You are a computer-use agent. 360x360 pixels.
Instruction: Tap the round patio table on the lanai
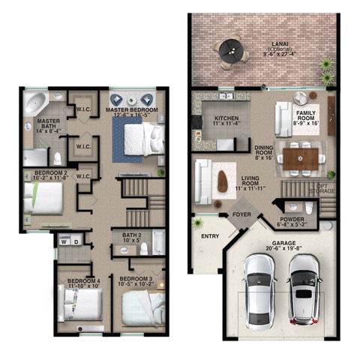[x=230, y=52]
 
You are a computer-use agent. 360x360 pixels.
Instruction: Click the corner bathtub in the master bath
[x=34, y=103]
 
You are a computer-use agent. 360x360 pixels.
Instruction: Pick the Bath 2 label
[x=132, y=238]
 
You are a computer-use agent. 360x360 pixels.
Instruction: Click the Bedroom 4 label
[x=83, y=283]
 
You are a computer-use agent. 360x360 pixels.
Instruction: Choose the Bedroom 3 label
[x=136, y=282]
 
